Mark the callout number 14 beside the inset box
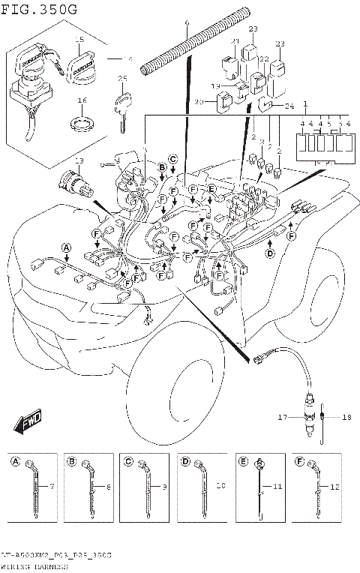click(x=127, y=58)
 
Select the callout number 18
click(x=346, y=417)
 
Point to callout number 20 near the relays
click(x=199, y=103)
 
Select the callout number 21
click(x=235, y=41)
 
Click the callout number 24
click(x=290, y=106)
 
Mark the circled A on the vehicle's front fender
click(x=65, y=247)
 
